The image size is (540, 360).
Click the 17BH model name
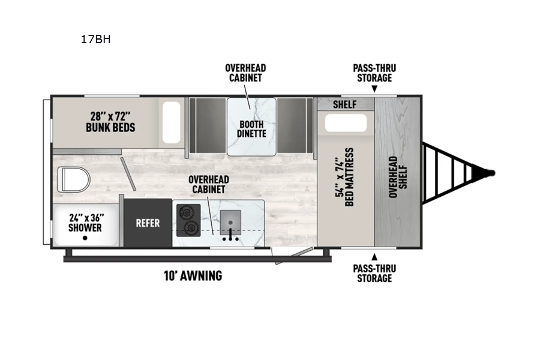96,39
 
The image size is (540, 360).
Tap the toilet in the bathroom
73,179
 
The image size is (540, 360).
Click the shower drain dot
85,238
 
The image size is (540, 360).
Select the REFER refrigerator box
148,223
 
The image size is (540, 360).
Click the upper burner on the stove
187,212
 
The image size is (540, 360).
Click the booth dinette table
251,127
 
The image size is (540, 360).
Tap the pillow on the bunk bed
172,122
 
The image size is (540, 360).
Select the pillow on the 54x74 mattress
346,123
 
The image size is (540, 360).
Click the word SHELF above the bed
344,104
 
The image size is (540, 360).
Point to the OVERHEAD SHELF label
398,177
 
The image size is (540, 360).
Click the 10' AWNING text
193,275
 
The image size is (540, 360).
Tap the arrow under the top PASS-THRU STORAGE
374,89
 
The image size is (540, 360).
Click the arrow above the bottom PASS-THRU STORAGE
374,257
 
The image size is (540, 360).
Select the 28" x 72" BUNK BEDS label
110,122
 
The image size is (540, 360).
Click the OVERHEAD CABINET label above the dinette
245,73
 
